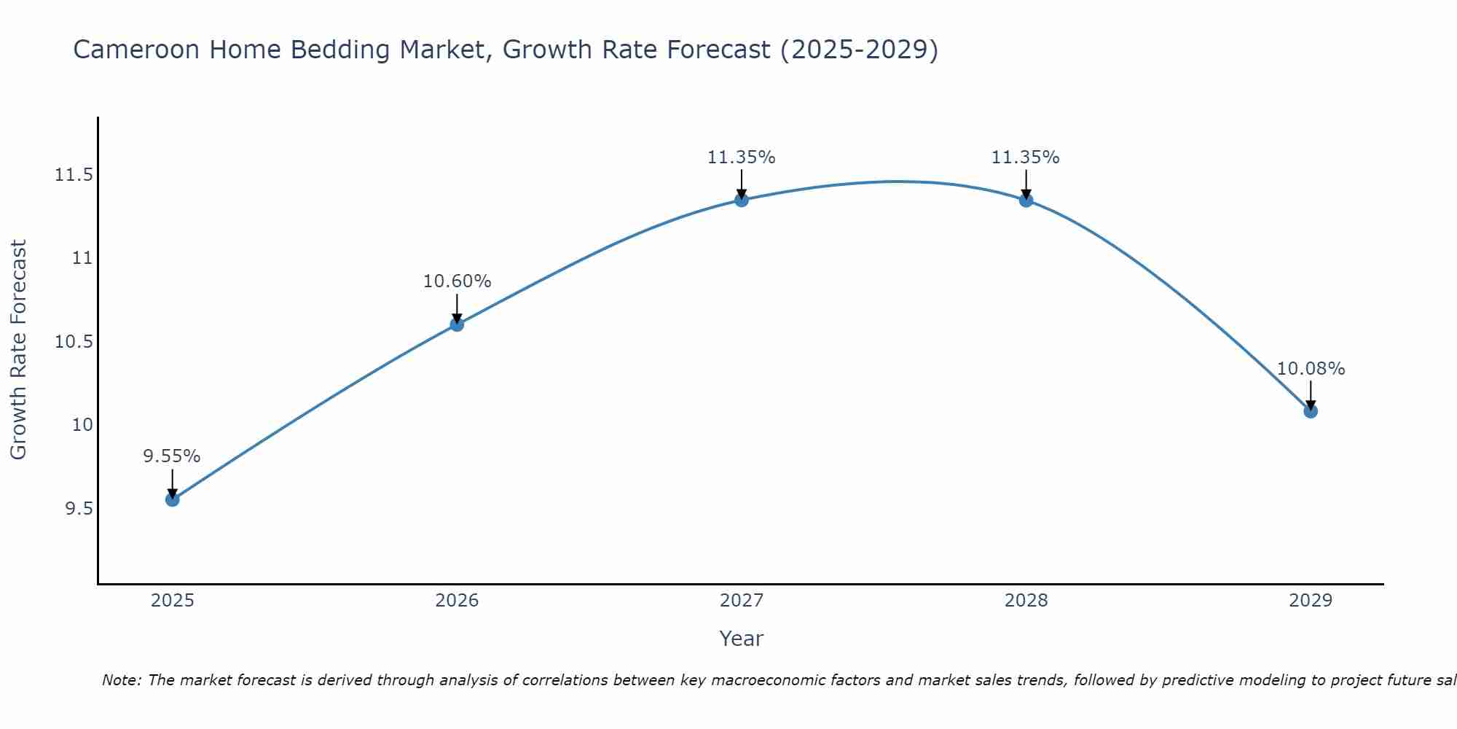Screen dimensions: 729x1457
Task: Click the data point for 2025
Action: tap(172, 499)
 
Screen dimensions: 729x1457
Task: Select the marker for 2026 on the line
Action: tap(457, 324)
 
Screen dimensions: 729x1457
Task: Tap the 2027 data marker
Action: tap(742, 200)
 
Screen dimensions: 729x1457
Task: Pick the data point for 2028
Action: tap(1026, 200)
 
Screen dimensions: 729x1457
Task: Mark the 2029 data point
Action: tap(1311, 411)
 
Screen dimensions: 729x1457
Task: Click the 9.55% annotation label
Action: tap(171, 456)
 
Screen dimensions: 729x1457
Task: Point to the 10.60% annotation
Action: tap(457, 281)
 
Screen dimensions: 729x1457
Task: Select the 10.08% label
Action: tap(1311, 369)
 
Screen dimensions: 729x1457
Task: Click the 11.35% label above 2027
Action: tap(742, 157)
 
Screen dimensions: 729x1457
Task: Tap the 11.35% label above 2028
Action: tap(1026, 157)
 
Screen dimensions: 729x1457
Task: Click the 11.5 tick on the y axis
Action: tap(74, 175)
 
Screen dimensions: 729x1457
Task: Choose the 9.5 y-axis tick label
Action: tap(79, 509)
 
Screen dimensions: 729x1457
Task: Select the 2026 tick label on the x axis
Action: tap(457, 601)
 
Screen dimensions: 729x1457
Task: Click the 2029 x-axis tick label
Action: tap(1311, 601)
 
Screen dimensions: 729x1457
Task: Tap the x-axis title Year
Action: tap(741, 639)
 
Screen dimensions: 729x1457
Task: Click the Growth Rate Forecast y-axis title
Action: tap(18, 350)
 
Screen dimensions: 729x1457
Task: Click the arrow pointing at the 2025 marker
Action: tap(172, 483)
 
